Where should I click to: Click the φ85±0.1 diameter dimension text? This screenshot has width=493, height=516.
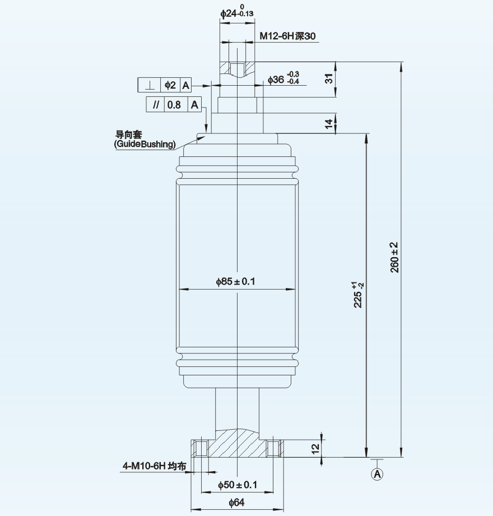(x=235, y=282)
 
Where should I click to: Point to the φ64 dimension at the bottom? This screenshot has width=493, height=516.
(x=236, y=503)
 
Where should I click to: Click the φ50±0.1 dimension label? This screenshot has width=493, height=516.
(x=236, y=485)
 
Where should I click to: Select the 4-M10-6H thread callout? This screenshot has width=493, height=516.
(x=152, y=466)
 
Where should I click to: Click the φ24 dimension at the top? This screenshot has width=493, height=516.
(x=235, y=13)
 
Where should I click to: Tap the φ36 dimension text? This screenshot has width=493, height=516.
(x=283, y=80)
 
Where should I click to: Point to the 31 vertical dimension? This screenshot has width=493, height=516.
(x=330, y=79)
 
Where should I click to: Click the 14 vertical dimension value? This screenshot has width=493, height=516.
(x=330, y=123)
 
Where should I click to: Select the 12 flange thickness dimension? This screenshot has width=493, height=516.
(x=315, y=448)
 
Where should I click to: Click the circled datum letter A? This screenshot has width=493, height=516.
(x=378, y=474)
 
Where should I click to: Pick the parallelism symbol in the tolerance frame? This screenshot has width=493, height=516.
(x=156, y=105)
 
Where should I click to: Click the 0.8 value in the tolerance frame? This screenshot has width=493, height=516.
(x=174, y=105)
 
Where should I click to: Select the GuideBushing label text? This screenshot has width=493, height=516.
(x=145, y=145)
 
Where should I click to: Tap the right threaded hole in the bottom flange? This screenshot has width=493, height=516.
(x=273, y=449)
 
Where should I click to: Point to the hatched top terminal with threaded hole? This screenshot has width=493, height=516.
(x=237, y=69)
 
